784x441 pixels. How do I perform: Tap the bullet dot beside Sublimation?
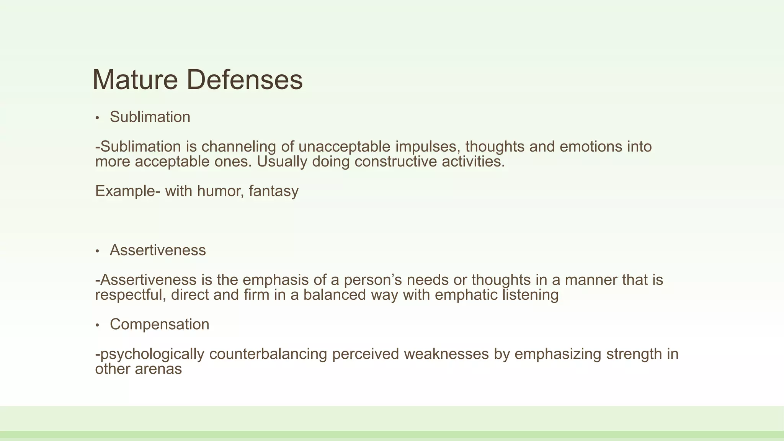(98, 118)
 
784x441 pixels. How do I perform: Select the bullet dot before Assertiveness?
(98, 251)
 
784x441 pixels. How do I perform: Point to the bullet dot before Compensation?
(98, 325)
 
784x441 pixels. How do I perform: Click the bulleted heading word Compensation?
(159, 324)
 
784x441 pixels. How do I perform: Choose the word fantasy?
(273, 191)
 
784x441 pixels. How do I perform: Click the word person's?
(372, 280)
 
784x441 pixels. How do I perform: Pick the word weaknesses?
(446, 354)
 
